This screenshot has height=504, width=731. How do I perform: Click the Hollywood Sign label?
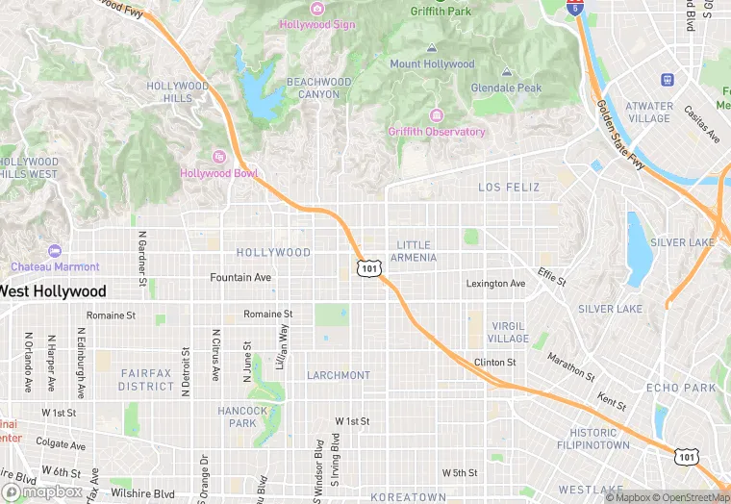click(318, 24)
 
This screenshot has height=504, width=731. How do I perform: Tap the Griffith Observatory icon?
click(437, 115)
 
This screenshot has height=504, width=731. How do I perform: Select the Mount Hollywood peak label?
click(432, 64)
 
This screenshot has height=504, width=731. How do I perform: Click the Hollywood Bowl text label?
click(219, 173)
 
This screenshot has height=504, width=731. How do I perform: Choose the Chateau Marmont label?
click(55, 266)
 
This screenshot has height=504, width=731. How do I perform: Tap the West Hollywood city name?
click(53, 290)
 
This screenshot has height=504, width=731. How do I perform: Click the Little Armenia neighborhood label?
click(415, 251)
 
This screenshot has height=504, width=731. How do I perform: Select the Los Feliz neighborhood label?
click(509, 187)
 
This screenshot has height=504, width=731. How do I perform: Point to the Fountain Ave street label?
click(240, 277)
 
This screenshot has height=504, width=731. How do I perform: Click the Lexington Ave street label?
click(495, 284)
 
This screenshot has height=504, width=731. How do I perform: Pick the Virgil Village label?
click(508, 332)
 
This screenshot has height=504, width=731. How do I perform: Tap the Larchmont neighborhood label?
click(339, 375)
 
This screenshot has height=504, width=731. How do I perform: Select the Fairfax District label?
click(146, 379)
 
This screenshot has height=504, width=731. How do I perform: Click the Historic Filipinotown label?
click(593, 439)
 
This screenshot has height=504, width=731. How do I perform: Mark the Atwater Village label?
click(649, 113)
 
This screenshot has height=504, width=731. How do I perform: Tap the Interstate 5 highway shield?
click(575, 8)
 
